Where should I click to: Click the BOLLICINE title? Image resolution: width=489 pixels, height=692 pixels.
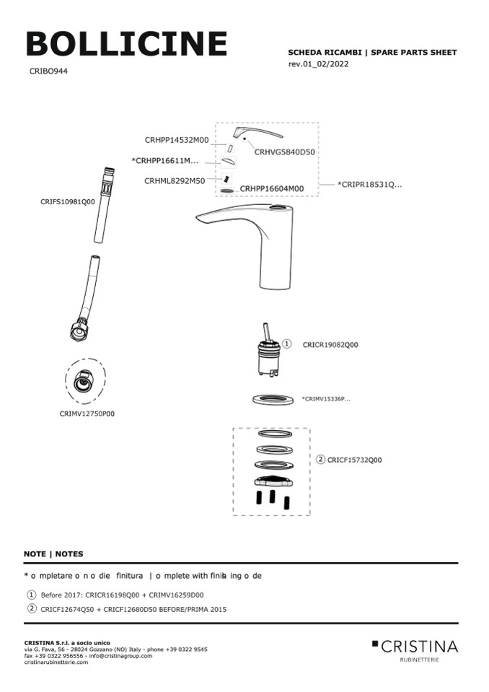127,44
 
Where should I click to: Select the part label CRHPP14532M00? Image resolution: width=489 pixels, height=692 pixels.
177,140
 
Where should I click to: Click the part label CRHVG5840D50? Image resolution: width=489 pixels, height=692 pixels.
285,152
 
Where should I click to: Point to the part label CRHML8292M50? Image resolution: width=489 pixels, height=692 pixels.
175,180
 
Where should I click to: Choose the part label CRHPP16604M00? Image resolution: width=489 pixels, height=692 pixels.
272,188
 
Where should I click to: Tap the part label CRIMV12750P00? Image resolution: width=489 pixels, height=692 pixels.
87,414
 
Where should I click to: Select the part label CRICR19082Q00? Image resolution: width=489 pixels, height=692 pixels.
330,345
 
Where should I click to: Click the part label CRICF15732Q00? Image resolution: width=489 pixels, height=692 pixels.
354,460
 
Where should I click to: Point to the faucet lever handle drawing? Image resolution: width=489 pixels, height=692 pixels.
257,134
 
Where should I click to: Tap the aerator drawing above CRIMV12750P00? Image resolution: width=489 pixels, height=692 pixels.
85,383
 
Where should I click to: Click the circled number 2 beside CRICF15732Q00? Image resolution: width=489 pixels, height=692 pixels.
321,459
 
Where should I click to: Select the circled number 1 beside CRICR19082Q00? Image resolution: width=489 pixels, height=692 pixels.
286,344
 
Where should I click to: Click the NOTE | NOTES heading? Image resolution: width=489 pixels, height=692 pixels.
53,554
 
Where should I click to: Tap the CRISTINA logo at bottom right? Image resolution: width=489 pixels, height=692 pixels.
415,647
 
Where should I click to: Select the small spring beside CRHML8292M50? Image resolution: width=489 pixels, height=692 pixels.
227,179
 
